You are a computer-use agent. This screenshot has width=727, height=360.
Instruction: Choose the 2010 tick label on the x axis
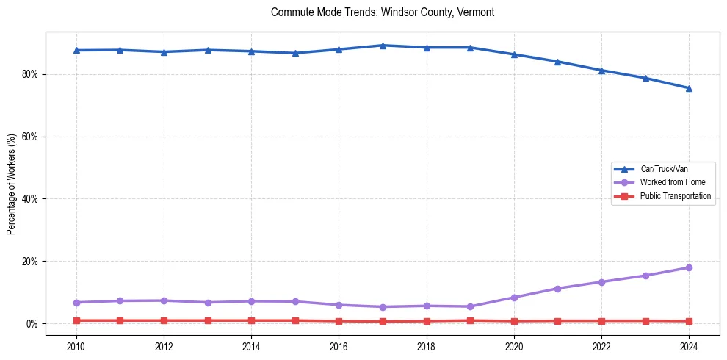76,345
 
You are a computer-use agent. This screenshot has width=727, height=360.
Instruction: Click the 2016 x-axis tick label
339,345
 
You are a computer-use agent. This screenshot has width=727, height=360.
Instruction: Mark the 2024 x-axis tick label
689,345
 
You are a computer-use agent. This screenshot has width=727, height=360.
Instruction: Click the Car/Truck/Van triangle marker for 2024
689,88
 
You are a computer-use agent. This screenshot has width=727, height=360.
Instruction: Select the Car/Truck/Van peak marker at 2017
383,46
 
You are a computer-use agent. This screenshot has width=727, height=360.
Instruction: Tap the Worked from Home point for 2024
689,267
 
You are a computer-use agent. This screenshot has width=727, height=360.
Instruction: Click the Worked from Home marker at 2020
514,298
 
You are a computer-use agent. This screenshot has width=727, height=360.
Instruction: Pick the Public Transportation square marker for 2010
76,320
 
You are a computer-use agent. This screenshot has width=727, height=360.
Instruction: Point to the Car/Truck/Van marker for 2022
601,71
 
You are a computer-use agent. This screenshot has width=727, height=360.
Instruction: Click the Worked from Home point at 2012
164,300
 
